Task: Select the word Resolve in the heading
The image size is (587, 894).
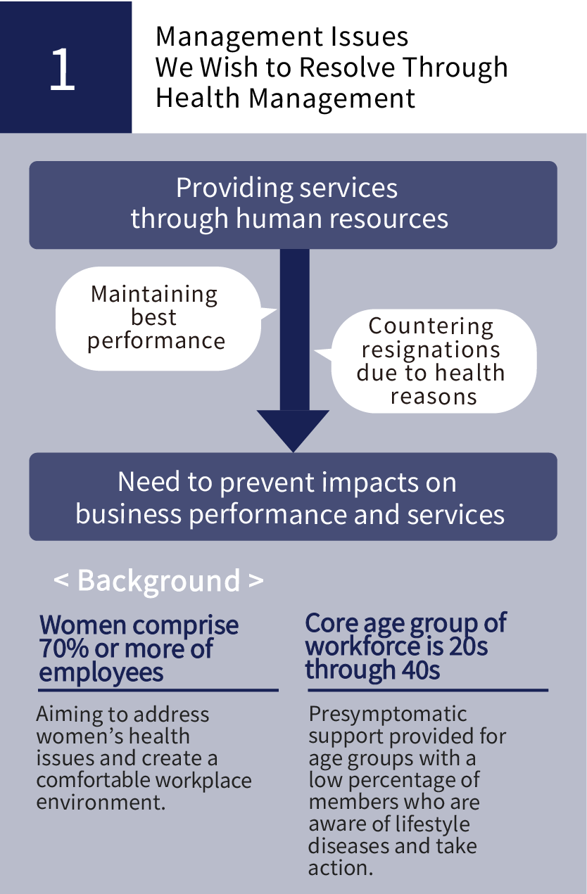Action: coord(347,67)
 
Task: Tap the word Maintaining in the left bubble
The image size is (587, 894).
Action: coord(154,295)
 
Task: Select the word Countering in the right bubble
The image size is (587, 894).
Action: coord(431,326)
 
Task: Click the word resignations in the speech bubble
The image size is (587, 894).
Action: coord(431,350)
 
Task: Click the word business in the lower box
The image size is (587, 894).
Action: coord(129,513)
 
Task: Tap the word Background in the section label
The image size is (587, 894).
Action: coord(158,581)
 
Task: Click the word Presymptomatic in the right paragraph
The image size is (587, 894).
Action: coord(387,714)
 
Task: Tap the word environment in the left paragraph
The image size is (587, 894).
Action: coord(101,802)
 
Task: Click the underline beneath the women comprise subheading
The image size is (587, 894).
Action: coord(158,690)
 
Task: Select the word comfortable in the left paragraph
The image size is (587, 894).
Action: coord(93,780)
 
